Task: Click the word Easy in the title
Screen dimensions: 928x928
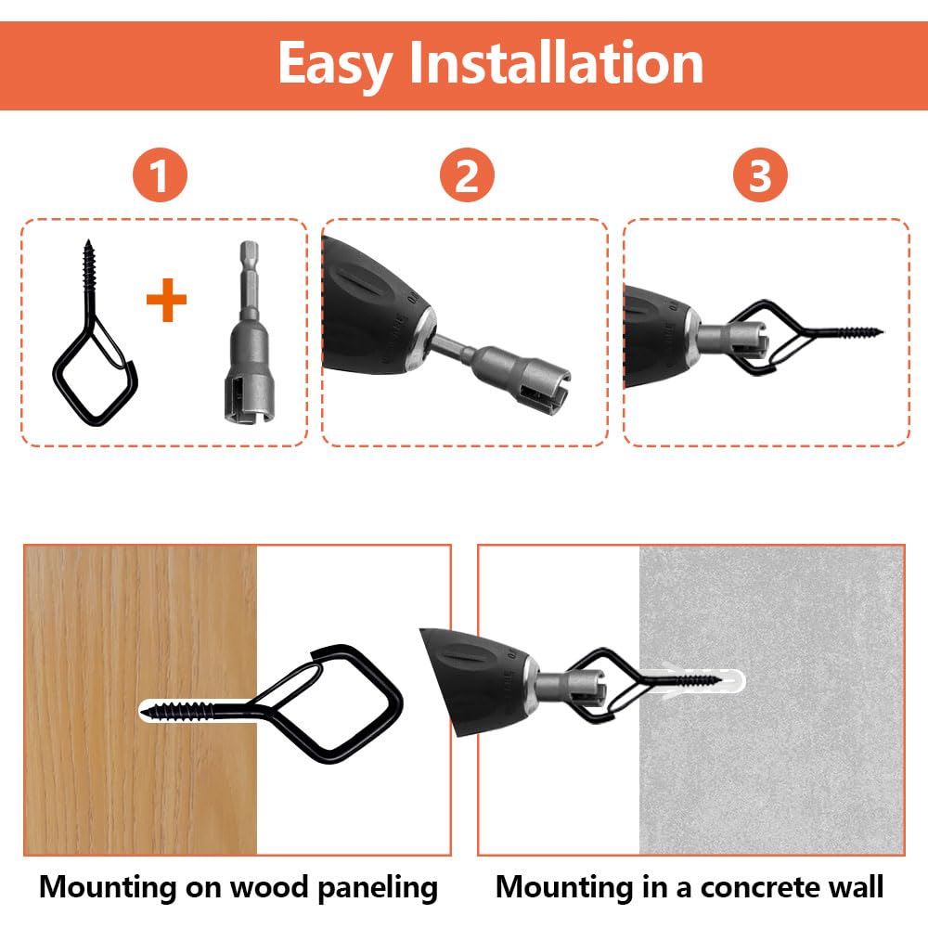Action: [336, 64]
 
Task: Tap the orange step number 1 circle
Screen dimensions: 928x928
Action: [160, 175]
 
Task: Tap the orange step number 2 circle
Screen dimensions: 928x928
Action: [467, 175]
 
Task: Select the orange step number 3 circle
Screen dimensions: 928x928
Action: [760, 175]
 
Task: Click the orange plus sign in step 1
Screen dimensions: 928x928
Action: [167, 302]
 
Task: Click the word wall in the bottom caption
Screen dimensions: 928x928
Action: [854, 887]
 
